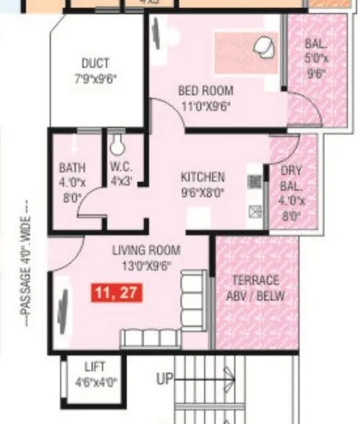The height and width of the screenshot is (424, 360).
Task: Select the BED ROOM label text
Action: coord(206,91)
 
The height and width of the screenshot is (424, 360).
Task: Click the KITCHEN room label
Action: coord(203,177)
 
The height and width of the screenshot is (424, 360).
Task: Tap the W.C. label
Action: coord(119,167)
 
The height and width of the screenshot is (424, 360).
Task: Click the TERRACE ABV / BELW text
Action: coord(255,288)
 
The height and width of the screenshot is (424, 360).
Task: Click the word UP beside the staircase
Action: coord(165,379)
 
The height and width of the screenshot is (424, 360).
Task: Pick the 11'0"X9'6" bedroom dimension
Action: coord(206,104)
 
